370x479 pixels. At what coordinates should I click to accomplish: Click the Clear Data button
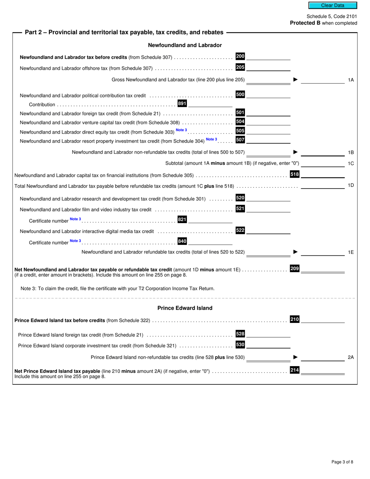[x=333, y=5]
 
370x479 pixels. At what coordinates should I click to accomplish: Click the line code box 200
[x=240, y=56]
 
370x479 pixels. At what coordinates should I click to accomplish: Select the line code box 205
[x=240, y=67]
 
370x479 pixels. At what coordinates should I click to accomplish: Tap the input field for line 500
[x=269, y=95]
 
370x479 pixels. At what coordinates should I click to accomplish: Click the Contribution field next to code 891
[x=210, y=104]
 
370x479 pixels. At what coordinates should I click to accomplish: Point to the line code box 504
[x=240, y=122]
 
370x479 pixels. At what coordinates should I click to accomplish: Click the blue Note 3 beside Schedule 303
[x=181, y=130]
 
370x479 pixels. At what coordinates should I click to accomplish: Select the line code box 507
[x=240, y=140]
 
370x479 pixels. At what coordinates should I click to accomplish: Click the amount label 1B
[x=351, y=152]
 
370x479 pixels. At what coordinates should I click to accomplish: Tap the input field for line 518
[x=323, y=174]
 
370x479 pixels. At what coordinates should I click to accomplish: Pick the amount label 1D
[x=351, y=185]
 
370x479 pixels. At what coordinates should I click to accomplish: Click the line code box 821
[x=182, y=220]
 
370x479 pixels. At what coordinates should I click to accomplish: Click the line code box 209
[x=295, y=268]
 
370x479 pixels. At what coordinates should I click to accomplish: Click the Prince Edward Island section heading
[x=185, y=308]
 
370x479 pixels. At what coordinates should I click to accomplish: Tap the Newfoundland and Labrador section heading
[x=185, y=45]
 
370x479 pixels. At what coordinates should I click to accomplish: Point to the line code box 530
[x=240, y=345]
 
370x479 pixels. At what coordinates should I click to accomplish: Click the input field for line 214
[x=323, y=371]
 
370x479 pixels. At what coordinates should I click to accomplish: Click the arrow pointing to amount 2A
[x=295, y=357]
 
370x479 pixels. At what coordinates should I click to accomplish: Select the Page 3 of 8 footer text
[x=342, y=462]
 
